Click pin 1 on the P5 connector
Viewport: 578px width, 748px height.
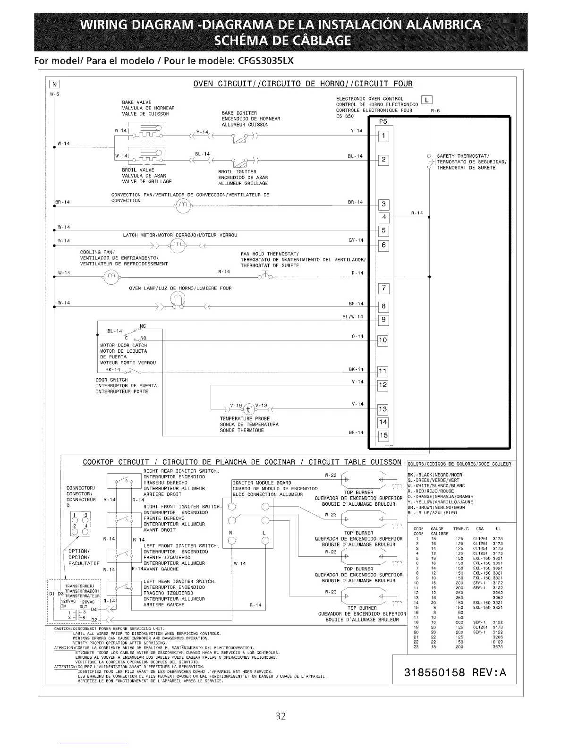coord(384,136)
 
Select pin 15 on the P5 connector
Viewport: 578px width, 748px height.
coord(384,435)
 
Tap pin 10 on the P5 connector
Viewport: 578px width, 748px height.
coord(383,340)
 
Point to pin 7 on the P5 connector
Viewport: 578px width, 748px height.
coord(384,289)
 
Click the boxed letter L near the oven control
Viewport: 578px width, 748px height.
coord(427,100)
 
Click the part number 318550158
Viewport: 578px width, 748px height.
coord(435,672)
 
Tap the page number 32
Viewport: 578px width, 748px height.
coord(281,716)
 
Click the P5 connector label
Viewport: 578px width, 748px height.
coord(383,121)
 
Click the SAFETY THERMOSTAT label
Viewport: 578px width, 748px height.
coord(463,156)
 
